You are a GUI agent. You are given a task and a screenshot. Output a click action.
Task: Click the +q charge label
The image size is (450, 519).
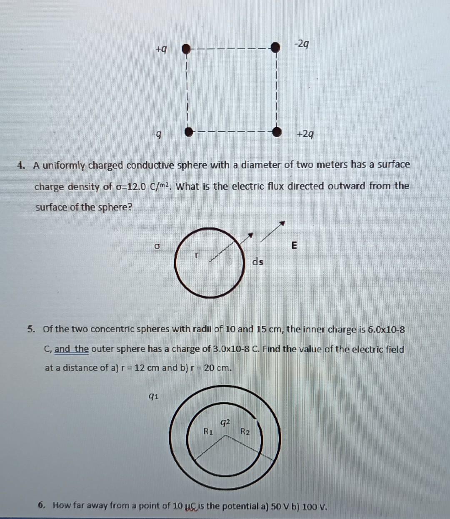[x=161, y=50]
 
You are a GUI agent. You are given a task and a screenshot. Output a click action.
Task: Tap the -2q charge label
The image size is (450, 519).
[x=302, y=43]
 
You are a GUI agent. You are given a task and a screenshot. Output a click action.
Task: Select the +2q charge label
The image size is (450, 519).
[x=305, y=134]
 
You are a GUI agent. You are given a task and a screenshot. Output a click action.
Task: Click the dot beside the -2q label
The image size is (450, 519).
[x=275, y=47]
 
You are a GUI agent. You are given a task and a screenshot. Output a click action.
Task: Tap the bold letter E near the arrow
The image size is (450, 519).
[x=294, y=245]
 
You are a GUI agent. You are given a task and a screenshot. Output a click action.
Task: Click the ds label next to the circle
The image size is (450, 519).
[x=258, y=262]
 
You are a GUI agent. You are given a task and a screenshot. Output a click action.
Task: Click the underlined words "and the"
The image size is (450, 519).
[x=72, y=349]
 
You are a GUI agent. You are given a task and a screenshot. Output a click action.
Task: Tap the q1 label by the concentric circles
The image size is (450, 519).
[x=153, y=396]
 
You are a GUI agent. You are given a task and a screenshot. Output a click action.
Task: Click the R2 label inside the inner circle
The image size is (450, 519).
[x=245, y=431]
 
